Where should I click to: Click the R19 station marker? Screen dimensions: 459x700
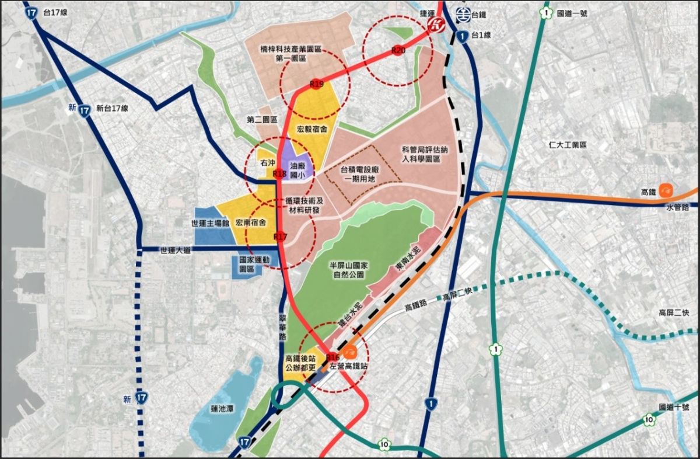[316, 85]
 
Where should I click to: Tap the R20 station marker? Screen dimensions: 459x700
[398, 51]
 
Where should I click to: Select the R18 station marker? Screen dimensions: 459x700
[279, 173]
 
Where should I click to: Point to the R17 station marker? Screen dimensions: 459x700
[281, 237]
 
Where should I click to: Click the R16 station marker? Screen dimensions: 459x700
[333, 357]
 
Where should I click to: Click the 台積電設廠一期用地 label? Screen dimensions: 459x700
[360, 174]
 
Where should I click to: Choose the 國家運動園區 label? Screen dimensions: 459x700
[251, 264]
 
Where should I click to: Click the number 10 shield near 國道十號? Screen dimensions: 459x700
[649, 419]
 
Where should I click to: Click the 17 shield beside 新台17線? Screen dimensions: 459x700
[85, 109]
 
